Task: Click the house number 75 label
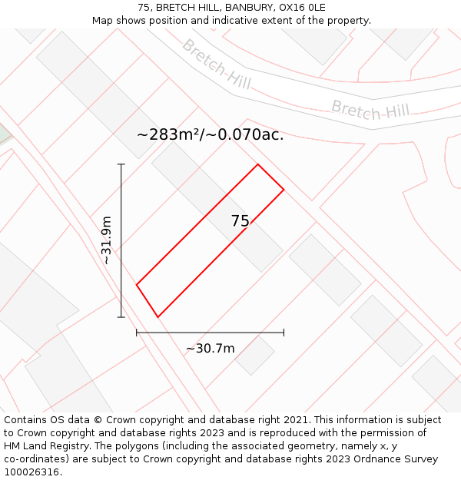[x=240, y=221]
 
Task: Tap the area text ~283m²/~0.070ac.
[x=210, y=134]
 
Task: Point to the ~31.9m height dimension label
[x=106, y=240]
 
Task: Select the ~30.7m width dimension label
[x=210, y=349]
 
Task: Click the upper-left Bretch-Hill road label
[x=216, y=64]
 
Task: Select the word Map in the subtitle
[x=103, y=21]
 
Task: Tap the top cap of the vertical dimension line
[x=121, y=164]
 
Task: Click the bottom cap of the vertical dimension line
[x=121, y=316]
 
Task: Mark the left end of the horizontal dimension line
[x=137, y=333]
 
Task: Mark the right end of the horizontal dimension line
[x=284, y=333]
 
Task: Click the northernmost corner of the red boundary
[x=257, y=164]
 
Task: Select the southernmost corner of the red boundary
[x=158, y=316]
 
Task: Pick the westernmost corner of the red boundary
[x=137, y=285]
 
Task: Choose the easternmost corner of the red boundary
[x=284, y=189]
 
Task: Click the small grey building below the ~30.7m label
[x=254, y=355]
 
